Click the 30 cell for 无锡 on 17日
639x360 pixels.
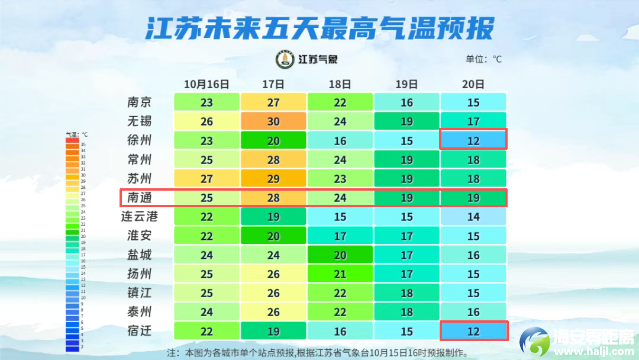[273, 121]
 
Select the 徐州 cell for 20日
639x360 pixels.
[473, 140]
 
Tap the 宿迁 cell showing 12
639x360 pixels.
[473, 331]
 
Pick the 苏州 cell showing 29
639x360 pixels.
[273, 178]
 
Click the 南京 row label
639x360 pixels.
[140, 102]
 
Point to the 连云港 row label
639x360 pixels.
[140, 216]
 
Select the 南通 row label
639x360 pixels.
[140, 197]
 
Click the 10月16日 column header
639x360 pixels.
[206, 84]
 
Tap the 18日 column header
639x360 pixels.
[340, 84]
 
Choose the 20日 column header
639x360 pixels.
[473, 84]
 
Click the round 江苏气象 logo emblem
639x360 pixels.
[285, 59]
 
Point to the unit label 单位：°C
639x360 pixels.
[483, 59]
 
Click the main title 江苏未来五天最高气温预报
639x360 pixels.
[319, 28]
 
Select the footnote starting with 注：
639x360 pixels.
[317, 353]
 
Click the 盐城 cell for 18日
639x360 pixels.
[340, 255]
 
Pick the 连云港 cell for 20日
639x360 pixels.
[473, 217]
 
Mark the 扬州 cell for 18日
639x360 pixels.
[340, 274]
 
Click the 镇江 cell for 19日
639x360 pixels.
[407, 292]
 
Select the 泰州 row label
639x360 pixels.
[140, 311]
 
